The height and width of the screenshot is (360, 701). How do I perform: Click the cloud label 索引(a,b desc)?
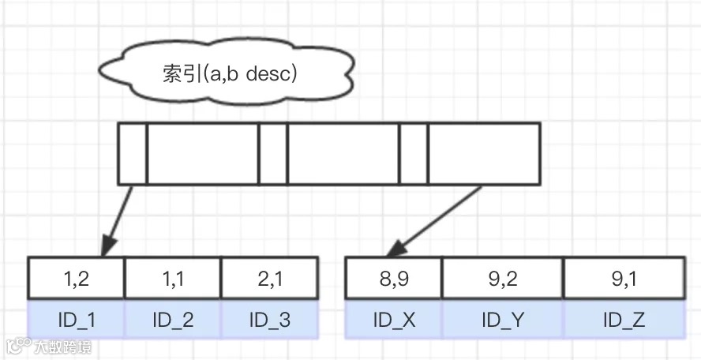pos(228,74)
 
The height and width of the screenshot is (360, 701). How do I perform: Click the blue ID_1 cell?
pos(76,320)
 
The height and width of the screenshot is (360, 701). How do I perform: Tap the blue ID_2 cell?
pos(172,320)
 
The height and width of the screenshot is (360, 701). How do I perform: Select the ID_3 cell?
pos(269,320)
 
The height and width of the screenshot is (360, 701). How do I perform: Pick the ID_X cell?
pos(393,320)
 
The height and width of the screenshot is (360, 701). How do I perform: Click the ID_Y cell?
pos(502,320)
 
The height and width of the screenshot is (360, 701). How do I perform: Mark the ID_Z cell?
pos(623,320)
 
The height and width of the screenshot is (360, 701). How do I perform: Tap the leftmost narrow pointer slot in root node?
pos(133,153)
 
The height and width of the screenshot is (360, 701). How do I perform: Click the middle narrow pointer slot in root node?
pos(273,153)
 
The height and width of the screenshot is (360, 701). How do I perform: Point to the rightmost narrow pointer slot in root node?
pos(413,153)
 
